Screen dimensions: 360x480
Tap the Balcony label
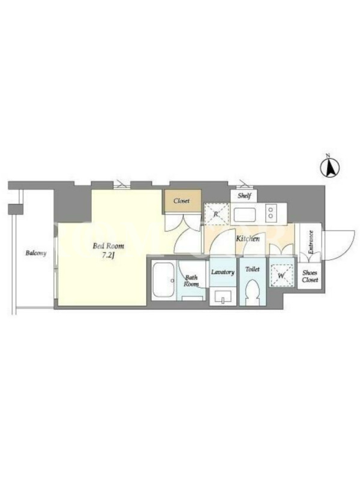pos(36,253)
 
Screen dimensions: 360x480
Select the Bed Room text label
pos(109,246)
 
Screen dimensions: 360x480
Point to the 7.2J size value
pos(108,256)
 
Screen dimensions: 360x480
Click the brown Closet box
pos(182,201)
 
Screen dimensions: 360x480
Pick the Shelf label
pos(244,196)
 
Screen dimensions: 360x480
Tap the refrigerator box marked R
pos(217,214)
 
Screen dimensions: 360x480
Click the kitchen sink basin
pos(245,214)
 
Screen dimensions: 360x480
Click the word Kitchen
pos(248,238)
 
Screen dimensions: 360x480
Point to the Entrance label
pos(311,242)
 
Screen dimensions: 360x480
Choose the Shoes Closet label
pos(310,276)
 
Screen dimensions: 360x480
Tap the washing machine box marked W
pos(281,275)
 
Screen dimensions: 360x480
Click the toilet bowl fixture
pos(253,292)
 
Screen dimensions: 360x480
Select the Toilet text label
pos(253,269)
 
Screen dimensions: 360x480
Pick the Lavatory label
pos(223,272)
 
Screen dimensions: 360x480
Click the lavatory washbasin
pos(223,296)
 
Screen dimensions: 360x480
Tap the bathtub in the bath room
pos(164,280)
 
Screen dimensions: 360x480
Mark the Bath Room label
pos(191,281)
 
